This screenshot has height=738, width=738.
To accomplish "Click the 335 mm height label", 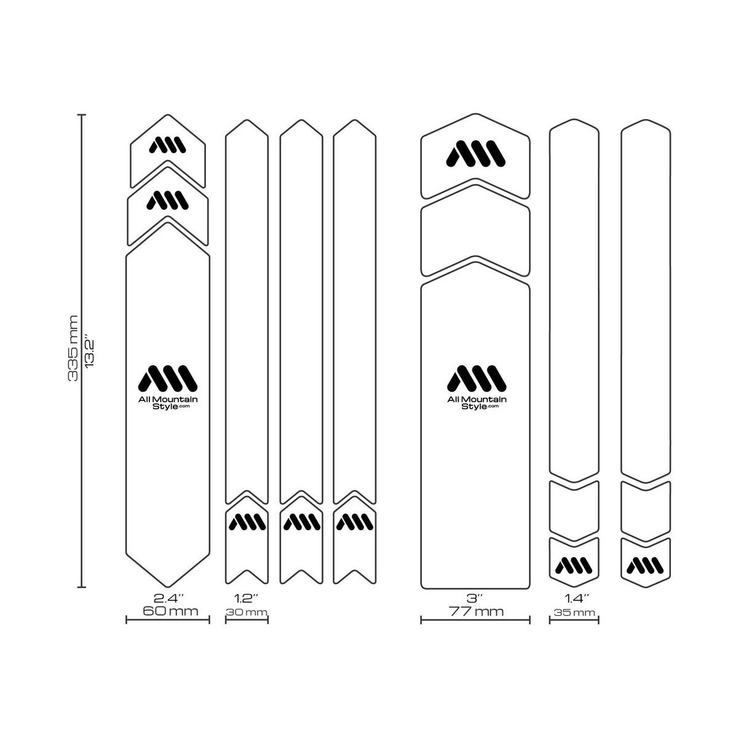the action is click(x=73, y=348).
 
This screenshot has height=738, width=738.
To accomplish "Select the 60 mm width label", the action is click(x=170, y=611).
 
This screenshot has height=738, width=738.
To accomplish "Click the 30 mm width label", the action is click(x=247, y=612).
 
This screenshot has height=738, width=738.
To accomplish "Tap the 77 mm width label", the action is click(x=476, y=611).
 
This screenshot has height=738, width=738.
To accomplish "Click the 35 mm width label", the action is click(x=574, y=613).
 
